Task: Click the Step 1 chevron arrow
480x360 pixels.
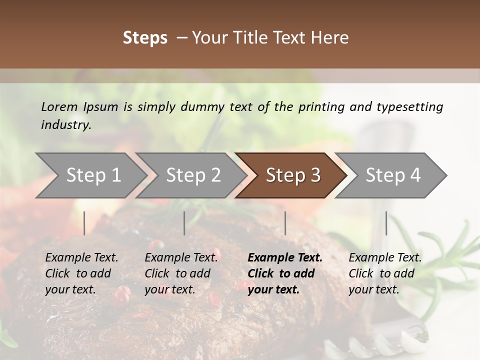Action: click(x=93, y=175)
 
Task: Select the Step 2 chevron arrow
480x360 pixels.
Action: click(x=193, y=175)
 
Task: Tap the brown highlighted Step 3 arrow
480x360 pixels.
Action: click(x=293, y=175)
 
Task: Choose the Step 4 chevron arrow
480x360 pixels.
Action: click(x=393, y=175)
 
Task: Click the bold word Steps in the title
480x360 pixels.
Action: click(x=145, y=38)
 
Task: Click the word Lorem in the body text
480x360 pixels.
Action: click(x=59, y=107)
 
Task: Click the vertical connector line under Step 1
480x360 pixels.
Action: click(x=84, y=223)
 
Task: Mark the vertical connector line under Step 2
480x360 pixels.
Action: click(x=184, y=223)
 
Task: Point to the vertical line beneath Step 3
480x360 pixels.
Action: click(x=285, y=223)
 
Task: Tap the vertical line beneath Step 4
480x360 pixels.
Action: click(x=386, y=223)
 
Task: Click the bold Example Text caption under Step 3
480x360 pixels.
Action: click(x=285, y=273)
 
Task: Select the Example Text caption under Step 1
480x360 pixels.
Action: click(x=81, y=273)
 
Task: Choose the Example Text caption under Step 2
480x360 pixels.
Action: click(x=181, y=273)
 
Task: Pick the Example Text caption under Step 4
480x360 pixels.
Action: click(x=385, y=273)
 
